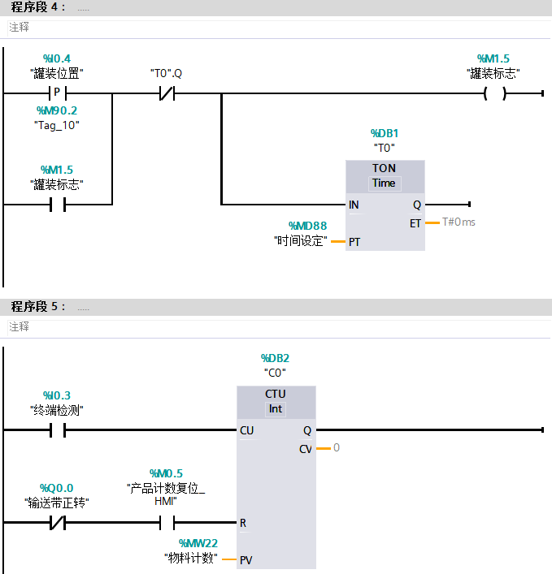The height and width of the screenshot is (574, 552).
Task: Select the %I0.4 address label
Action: point(57,58)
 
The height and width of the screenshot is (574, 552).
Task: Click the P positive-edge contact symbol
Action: point(57,93)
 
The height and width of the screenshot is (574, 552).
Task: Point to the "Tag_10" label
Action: point(57,125)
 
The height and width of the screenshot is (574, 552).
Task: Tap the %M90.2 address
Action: point(57,110)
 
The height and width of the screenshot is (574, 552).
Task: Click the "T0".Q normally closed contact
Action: point(166,93)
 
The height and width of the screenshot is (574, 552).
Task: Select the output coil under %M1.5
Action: point(494,93)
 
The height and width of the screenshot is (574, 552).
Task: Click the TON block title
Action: point(384,168)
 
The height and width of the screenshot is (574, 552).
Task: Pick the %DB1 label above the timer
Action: point(384,133)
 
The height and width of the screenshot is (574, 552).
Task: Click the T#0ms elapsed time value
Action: point(459,222)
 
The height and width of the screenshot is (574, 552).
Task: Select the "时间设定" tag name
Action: point(300,240)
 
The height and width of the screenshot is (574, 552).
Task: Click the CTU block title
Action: point(276,394)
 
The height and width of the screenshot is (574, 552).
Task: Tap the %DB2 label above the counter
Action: point(276,357)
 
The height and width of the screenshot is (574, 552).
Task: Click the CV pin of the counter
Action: point(305,449)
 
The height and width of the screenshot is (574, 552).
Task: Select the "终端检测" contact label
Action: point(57,410)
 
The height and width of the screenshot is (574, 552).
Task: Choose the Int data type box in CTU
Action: point(276,408)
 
